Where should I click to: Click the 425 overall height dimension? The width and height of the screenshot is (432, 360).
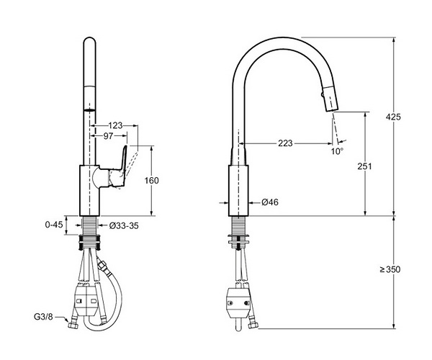(393, 117)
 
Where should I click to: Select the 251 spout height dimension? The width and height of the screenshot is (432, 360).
(364, 166)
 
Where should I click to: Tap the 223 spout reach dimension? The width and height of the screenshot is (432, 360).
(285, 143)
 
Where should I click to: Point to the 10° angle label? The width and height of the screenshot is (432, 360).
(337, 151)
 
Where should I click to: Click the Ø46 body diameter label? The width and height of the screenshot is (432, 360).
(270, 202)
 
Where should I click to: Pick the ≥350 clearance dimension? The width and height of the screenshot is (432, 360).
(390, 269)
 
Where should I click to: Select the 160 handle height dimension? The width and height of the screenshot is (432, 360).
(151, 181)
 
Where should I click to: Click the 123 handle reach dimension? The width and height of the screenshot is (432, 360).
(115, 125)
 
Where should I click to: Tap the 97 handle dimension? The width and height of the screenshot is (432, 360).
(108, 136)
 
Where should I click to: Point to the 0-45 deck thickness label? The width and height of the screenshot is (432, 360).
(54, 225)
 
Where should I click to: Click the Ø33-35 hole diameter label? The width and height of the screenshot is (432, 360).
(124, 226)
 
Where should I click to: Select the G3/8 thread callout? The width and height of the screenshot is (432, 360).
(43, 317)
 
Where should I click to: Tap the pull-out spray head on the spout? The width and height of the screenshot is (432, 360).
(330, 99)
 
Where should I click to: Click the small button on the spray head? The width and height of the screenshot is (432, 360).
(322, 95)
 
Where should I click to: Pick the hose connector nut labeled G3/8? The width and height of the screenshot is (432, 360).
(73, 325)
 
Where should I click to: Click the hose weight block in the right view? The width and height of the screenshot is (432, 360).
(238, 303)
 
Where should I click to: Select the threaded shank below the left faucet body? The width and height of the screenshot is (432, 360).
(89, 225)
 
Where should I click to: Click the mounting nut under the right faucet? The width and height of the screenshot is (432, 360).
(238, 239)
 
